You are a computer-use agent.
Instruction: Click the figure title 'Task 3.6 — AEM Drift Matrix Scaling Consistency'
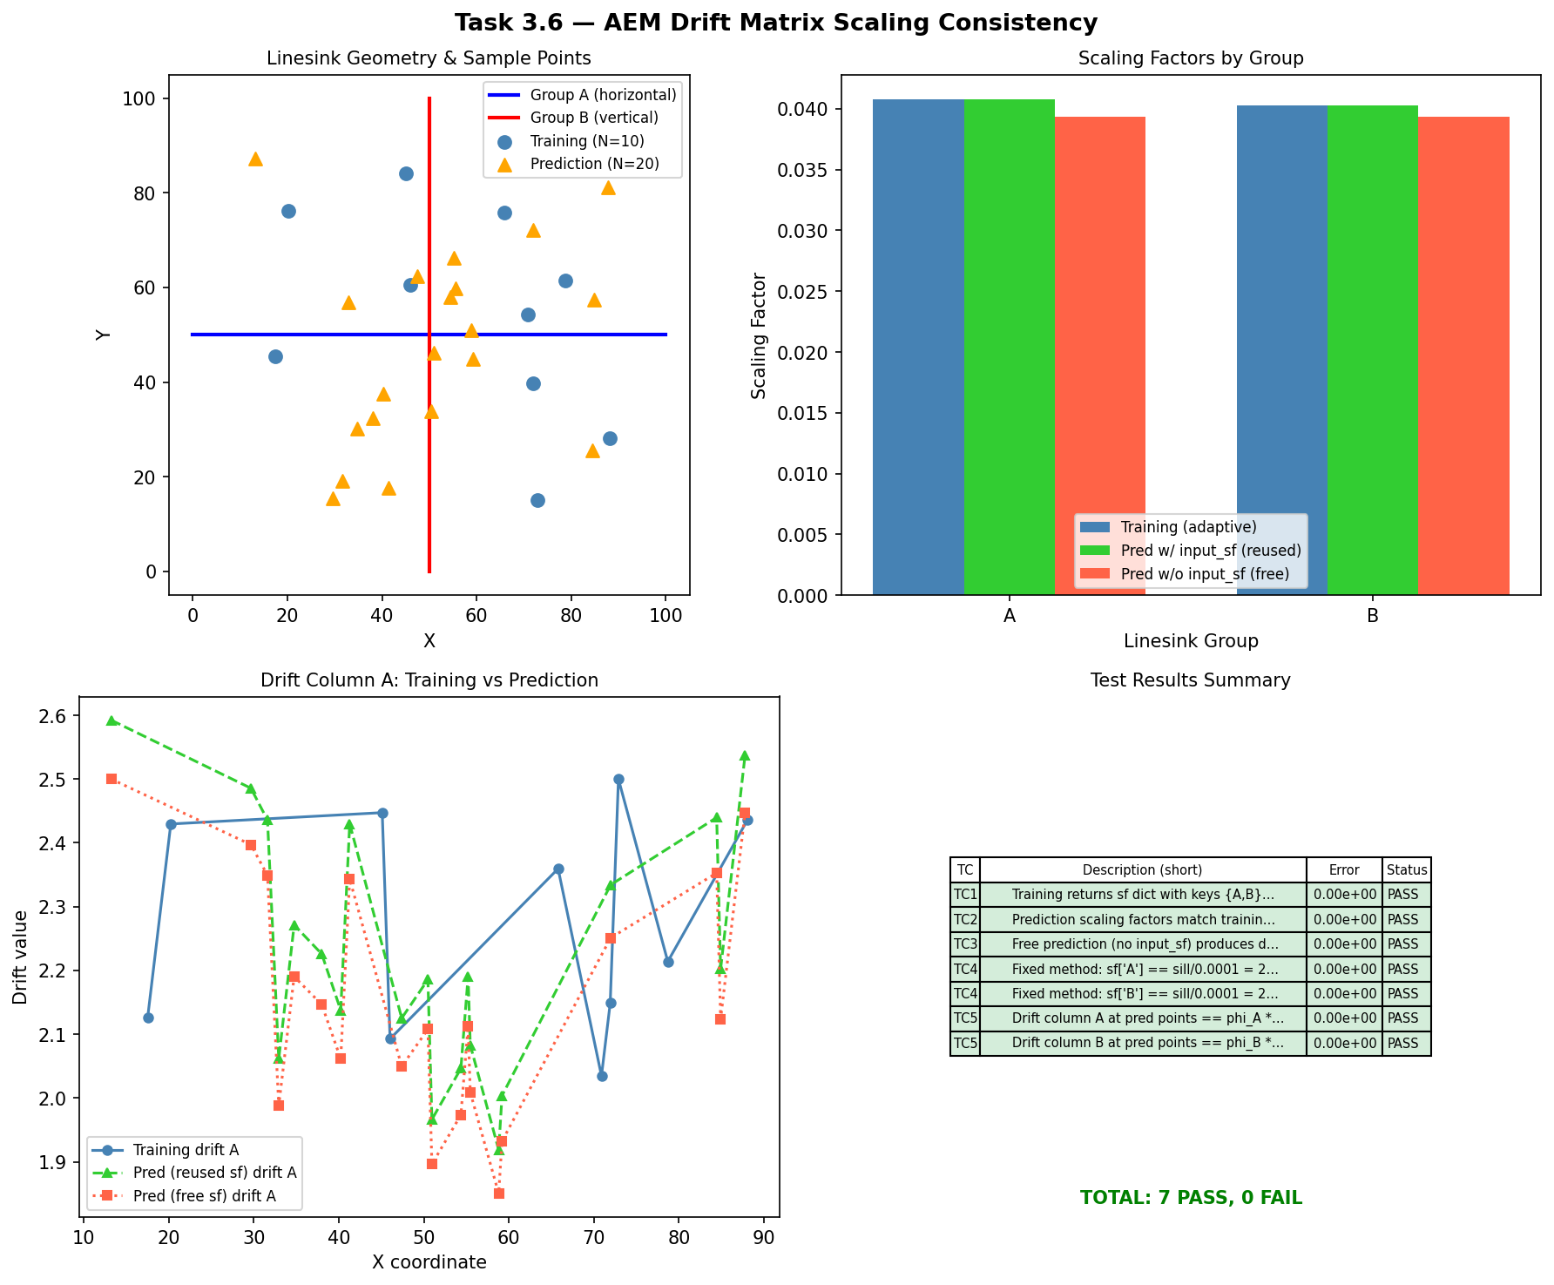click(776, 23)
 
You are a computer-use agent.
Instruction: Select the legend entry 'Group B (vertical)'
click(593, 118)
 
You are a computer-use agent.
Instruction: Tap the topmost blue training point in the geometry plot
click(406, 173)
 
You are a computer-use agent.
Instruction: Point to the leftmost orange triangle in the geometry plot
click(255, 159)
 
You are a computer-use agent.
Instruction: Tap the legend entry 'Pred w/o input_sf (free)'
click(1205, 573)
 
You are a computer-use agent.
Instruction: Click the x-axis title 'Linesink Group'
click(1191, 641)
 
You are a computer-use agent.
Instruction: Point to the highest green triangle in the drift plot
click(111, 720)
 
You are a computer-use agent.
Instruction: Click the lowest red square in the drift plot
click(499, 1194)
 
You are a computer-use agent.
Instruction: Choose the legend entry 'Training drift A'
click(186, 1150)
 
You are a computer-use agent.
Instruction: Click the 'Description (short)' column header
click(1142, 869)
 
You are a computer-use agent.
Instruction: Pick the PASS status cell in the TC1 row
click(1406, 894)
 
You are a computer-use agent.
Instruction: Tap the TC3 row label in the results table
click(965, 943)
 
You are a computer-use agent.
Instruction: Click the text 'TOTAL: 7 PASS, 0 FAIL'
click(1191, 1198)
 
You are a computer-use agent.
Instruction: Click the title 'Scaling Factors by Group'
click(1191, 58)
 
